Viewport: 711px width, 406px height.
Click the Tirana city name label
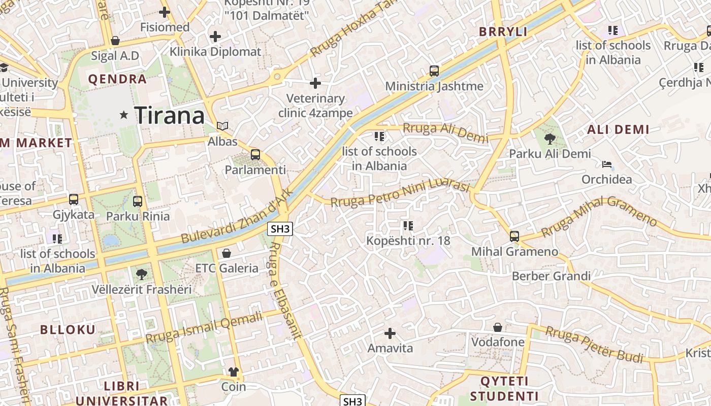[x=170, y=116]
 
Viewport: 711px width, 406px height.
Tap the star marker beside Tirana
[x=124, y=115]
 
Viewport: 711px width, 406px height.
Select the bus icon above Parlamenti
[x=255, y=155]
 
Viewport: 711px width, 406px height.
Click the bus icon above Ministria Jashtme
[x=434, y=71]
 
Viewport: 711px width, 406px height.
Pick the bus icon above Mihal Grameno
[x=514, y=236]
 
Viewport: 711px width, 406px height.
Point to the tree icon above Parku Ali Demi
[x=550, y=138]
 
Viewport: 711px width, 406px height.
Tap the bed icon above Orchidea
[x=607, y=164]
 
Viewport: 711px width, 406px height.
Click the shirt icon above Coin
[x=234, y=372]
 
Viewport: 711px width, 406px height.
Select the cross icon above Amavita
[x=390, y=333]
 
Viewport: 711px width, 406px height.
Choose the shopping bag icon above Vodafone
[x=498, y=327]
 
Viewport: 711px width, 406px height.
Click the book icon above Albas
[x=222, y=126]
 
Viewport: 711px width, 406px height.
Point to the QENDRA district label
[x=117, y=79]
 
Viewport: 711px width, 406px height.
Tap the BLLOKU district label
[x=68, y=329]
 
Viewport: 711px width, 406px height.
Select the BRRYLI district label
[x=503, y=32]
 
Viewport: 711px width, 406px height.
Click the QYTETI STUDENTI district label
[x=504, y=389]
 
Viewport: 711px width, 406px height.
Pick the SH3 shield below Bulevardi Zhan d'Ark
[x=280, y=229]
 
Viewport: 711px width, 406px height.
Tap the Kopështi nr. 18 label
[x=408, y=241]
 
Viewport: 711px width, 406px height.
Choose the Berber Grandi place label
[x=551, y=276]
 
